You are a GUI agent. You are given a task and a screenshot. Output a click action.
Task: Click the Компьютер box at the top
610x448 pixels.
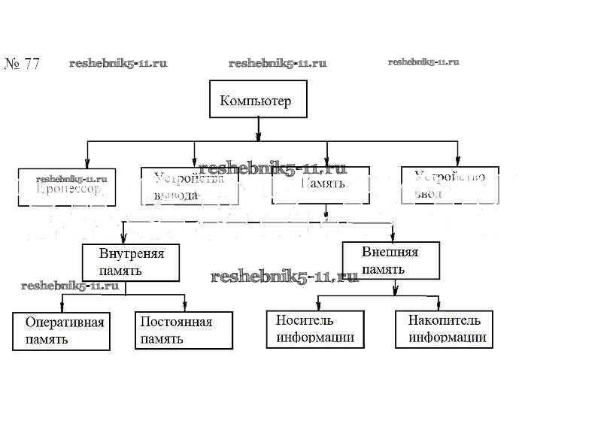(x=258, y=99)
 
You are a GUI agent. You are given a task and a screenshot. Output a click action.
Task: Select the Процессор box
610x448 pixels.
(x=66, y=187)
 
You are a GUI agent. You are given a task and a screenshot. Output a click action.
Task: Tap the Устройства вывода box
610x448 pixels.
(x=190, y=186)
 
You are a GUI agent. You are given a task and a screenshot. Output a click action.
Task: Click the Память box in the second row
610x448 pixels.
(x=320, y=186)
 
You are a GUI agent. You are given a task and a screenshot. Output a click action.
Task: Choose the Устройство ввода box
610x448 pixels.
(x=450, y=185)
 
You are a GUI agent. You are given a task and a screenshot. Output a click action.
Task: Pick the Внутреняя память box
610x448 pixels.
(x=131, y=262)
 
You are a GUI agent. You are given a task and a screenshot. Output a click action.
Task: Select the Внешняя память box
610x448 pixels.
(x=390, y=260)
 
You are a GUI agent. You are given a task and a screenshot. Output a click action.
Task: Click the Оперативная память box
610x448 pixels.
(x=62, y=331)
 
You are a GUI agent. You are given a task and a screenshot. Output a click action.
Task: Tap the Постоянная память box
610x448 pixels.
(x=184, y=330)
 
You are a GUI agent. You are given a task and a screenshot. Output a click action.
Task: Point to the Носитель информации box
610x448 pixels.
(x=315, y=329)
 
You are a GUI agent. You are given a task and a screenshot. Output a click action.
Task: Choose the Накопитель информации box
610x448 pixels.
(x=445, y=329)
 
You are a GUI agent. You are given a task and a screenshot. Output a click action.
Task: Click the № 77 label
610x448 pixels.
(x=22, y=64)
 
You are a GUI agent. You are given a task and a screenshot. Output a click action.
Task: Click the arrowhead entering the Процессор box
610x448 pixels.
(x=87, y=163)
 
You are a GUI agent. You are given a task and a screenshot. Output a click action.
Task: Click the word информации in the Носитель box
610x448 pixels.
(x=315, y=338)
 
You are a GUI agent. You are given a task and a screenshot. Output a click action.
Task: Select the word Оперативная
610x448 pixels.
(x=64, y=322)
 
